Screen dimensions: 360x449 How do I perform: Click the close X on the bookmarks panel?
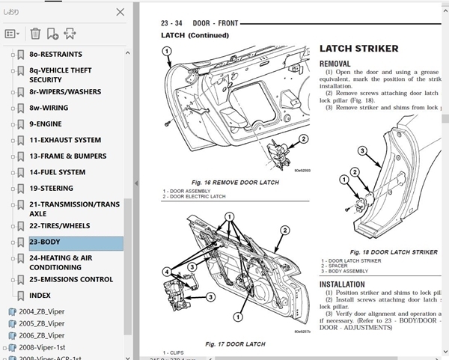click(x=120, y=12)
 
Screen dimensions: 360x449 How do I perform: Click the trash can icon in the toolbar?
click(x=35, y=33)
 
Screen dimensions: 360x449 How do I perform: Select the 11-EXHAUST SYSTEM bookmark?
click(x=65, y=140)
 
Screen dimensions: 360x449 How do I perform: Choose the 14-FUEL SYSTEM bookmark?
click(x=57, y=172)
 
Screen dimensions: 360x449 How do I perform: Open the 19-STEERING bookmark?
click(x=51, y=189)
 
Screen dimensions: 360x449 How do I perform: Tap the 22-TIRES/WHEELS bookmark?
click(x=59, y=226)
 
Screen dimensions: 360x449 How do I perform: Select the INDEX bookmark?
click(x=40, y=296)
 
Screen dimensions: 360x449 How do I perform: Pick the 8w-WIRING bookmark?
click(x=49, y=108)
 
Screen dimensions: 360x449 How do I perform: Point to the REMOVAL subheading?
click(x=335, y=64)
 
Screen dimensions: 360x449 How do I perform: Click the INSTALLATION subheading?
click(x=342, y=285)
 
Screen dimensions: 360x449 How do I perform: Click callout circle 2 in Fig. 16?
click(x=303, y=139)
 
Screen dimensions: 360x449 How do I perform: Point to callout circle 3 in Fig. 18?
click(x=361, y=150)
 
